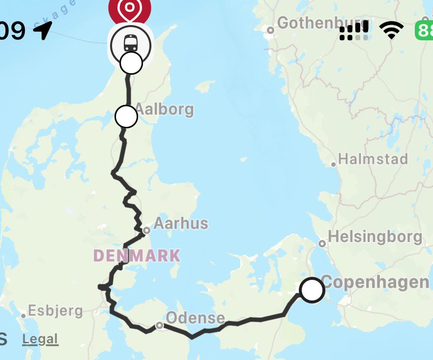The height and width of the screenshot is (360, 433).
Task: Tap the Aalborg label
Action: coord(164,109)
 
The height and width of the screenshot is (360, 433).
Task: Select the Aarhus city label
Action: coord(181,224)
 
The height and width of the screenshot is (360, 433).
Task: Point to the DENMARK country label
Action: coord(137,256)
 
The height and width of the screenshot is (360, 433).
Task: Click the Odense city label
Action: coord(195,318)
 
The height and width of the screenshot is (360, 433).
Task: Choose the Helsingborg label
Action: coord(375,237)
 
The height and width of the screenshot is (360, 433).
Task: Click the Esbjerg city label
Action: coord(56,311)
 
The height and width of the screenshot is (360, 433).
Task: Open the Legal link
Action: coord(40,339)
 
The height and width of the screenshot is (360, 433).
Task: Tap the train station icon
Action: coord(130,44)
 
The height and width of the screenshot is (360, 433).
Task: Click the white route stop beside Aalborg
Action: coord(126,117)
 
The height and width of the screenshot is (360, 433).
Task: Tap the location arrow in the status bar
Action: coord(43,31)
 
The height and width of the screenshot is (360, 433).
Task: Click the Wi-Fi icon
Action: coord(392,30)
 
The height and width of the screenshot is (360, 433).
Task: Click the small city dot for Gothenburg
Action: coord(270,30)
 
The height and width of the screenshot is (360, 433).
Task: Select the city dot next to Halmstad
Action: coord(334,164)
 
